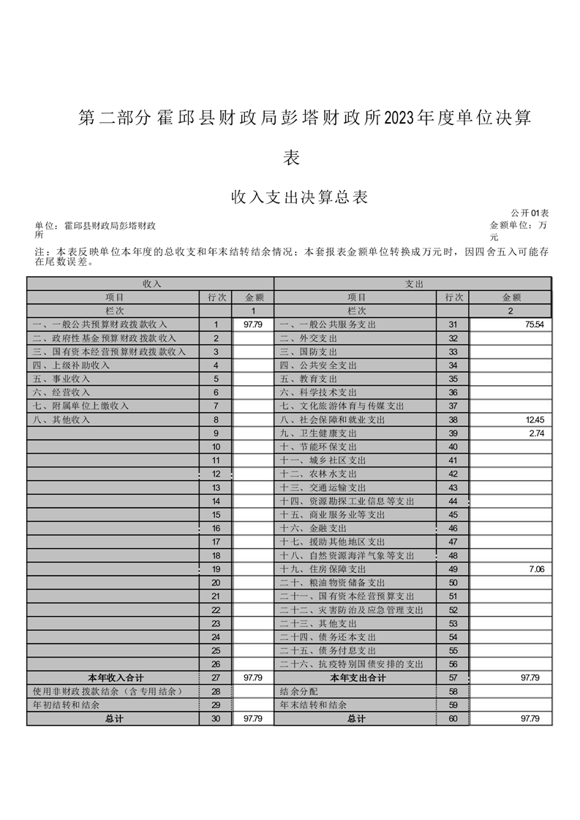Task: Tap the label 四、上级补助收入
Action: coord(71,365)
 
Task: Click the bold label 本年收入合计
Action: coord(113,678)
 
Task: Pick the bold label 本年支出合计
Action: coord(358,678)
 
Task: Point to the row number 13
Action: coord(216,487)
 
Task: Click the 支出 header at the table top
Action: coord(414,283)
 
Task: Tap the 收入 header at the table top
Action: coord(151,283)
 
